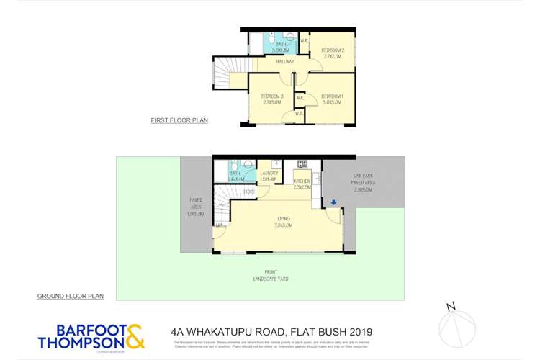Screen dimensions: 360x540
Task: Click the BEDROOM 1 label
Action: pos(332,96)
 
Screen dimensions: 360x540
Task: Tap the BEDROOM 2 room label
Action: pos(333,50)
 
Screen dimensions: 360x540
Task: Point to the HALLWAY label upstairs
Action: pos(285,62)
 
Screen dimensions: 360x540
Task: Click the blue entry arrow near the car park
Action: pos(334,203)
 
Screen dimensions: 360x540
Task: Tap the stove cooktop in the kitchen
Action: pos(302,163)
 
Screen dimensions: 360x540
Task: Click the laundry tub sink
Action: pos(276,164)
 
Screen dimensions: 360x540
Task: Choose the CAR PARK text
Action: pos(362,176)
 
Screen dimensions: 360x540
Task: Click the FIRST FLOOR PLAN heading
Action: pos(179,120)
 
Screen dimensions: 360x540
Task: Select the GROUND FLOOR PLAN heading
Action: pos(71,296)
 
